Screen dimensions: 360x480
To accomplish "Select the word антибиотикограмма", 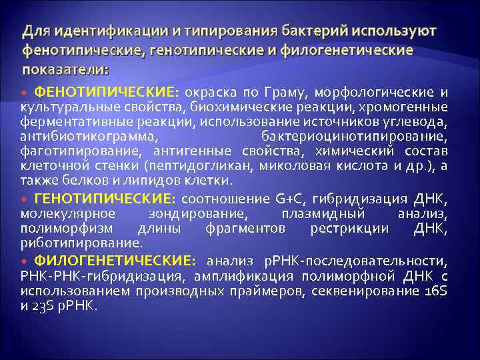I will click(x=89, y=135).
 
